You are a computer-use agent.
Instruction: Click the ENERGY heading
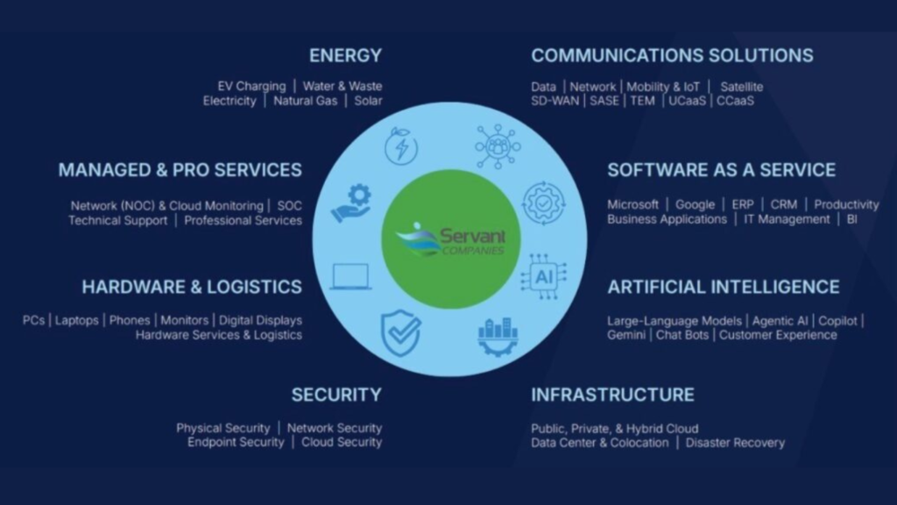pyautogui.click(x=345, y=56)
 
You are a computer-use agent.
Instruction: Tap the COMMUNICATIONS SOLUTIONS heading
pyautogui.click(x=672, y=56)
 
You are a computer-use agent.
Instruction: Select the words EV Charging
pyautogui.click(x=251, y=86)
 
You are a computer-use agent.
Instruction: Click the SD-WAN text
pyautogui.click(x=554, y=101)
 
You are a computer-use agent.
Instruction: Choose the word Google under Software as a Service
pyautogui.click(x=695, y=204)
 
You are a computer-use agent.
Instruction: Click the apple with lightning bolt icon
pyautogui.click(x=401, y=146)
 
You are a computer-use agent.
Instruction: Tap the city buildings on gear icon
pyautogui.click(x=498, y=336)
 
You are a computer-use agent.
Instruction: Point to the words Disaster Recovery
pyautogui.click(x=735, y=443)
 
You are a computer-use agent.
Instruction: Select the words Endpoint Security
pyautogui.click(x=236, y=443)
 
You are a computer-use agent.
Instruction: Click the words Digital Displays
pyautogui.click(x=260, y=321)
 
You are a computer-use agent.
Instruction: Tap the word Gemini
pyautogui.click(x=626, y=335)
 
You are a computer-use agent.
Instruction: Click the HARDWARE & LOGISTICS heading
pyautogui.click(x=192, y=287)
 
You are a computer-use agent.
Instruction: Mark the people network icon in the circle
pyautogui.click(x=498, y=146)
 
